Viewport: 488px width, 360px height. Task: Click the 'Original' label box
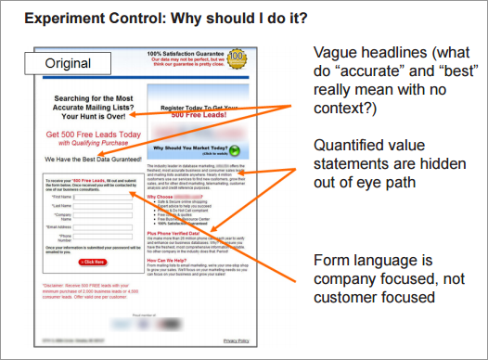coord(73,63)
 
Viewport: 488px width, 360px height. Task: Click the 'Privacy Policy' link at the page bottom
coord(237,340)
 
